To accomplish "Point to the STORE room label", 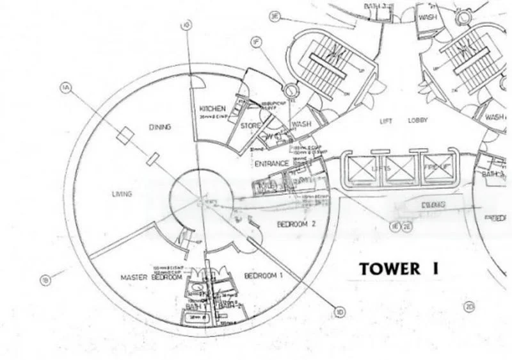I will point(251,126).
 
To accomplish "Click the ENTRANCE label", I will point(271,164).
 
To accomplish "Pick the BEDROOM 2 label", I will point(296,224).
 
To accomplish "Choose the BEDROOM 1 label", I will point(264,275).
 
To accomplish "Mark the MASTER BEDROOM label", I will point(152,277).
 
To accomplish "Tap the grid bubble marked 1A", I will point(64,87).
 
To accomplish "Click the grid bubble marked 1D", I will point(339,313).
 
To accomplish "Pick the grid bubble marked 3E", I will point(275,17).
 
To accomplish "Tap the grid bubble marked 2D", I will point(470,306).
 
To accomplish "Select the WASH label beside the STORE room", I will point(300,124).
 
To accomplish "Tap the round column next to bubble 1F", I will point(291,90).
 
